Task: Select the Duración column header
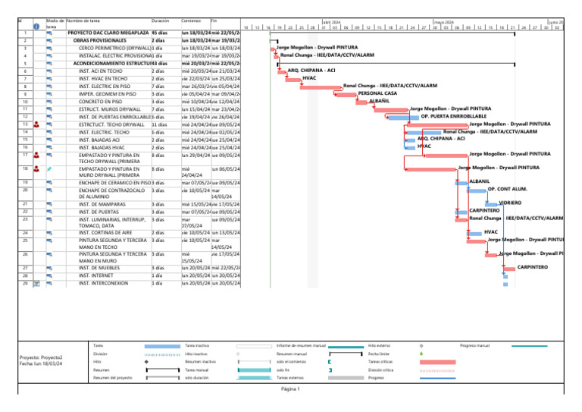click(x=160, y=20)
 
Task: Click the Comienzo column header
click(x=191, y=20)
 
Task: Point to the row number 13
click(x=26, y=123)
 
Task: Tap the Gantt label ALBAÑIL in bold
click(x=379, y=101)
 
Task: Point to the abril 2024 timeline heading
click(x=332, y=23)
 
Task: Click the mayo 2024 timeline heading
click(x=443, y=23)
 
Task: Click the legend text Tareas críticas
click(x=380, y=362)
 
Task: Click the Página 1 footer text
click(x=291, y=389)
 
